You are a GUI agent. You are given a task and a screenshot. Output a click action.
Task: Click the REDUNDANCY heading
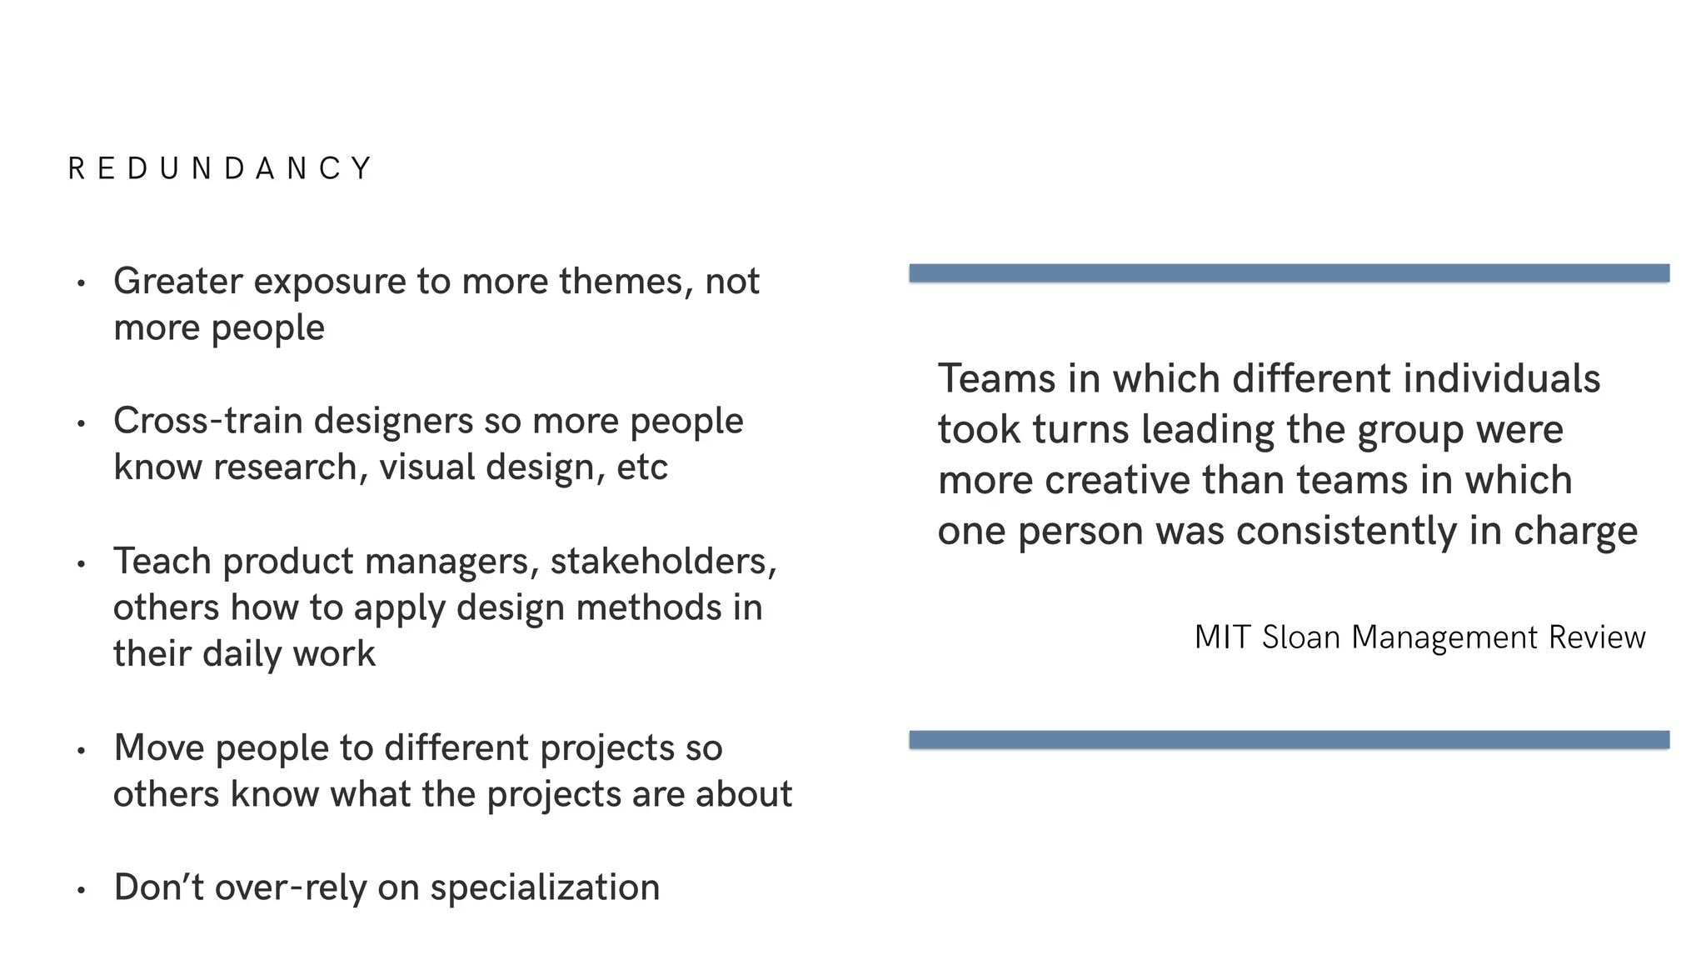[x=220, y=168]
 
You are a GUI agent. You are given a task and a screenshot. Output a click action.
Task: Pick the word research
[x=286, y=467]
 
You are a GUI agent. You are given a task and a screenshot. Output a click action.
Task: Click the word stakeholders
[x=663, y=562]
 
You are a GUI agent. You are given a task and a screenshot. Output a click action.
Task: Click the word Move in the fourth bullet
[x=158, y=747]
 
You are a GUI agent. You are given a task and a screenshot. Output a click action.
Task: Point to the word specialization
[x=545, y=888]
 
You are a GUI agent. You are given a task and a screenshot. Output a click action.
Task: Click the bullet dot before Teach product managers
[x=81, y=564]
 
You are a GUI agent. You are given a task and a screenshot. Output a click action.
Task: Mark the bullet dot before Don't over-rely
[x=81, y=890]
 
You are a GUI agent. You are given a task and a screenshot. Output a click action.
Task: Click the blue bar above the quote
[x=1289, y=273]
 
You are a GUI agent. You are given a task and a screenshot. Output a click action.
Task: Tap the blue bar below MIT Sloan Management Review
[x=1289, y=740]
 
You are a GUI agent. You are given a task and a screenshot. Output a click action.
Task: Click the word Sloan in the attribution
[x=1300, y=637]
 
